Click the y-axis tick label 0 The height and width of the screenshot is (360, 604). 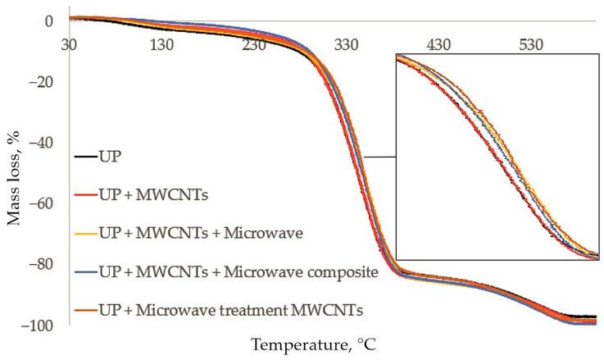click(x=49, y=21)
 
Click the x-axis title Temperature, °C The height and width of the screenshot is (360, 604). click(x=315, y=345)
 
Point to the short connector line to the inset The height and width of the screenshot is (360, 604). click(x=379, y=157)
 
